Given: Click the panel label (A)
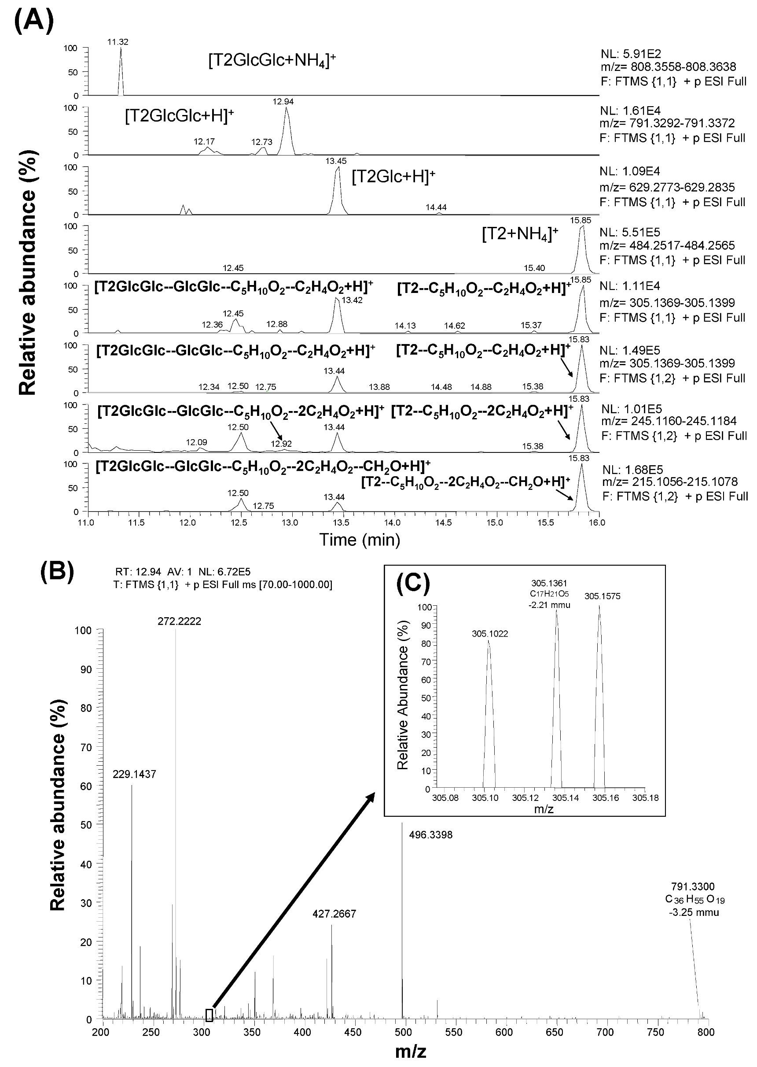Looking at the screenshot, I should tap(34, 19).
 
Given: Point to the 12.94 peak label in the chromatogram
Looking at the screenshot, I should tap(283, 102).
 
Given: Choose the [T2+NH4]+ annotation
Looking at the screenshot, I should tap(520, 235).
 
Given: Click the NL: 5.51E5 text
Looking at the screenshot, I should tap(630, 232).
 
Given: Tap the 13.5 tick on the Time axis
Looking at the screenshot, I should tap(342, 522).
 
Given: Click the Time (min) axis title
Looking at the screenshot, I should tap(360, 540).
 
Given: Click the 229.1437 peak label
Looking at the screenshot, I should tap(134, 774).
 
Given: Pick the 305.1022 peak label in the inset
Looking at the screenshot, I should tap(489, 634).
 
